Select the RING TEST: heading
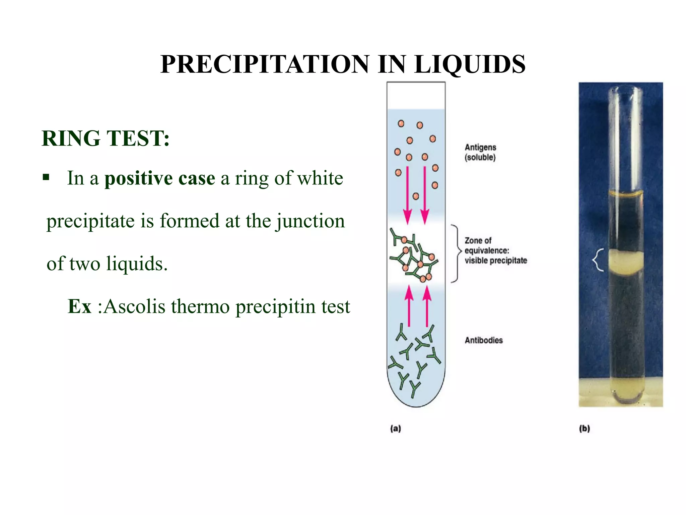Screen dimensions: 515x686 click(106, 138)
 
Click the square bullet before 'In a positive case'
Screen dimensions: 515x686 click(46, 177)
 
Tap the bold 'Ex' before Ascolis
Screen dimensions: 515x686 click(79, 306)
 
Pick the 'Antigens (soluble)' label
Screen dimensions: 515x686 click(480, 152)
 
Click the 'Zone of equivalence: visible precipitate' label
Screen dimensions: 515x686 click(495, 250)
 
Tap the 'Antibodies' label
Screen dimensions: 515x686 click(484, 340)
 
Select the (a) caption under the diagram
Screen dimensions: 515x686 click(396, 428)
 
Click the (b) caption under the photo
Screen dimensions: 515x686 click(585, 428)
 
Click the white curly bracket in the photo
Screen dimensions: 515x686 click(598, 260)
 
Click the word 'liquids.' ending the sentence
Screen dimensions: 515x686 click(137, 264)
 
